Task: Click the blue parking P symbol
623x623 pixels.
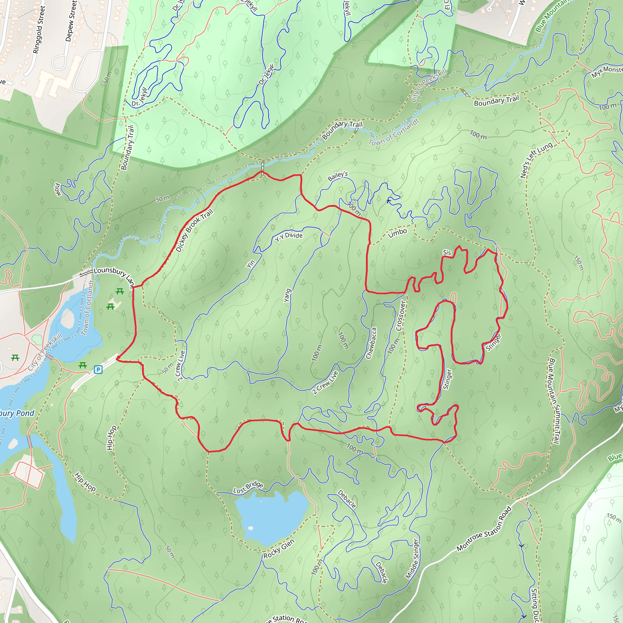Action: click(98, 370)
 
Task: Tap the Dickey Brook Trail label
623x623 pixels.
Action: click(194, 230)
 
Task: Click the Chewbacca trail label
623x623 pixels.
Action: click(371, 343)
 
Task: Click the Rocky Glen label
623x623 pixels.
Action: click(279, 548)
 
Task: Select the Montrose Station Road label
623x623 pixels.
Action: click(484, 529)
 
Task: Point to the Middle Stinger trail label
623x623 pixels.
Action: click(412, 559)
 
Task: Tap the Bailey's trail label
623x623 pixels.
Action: click(338, 176)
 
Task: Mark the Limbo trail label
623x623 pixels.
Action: click(397, 233)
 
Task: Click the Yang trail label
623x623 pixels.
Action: click(287, 295)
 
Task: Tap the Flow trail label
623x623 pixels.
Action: click(57, 189)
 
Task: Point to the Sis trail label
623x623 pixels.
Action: click(447, 252)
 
